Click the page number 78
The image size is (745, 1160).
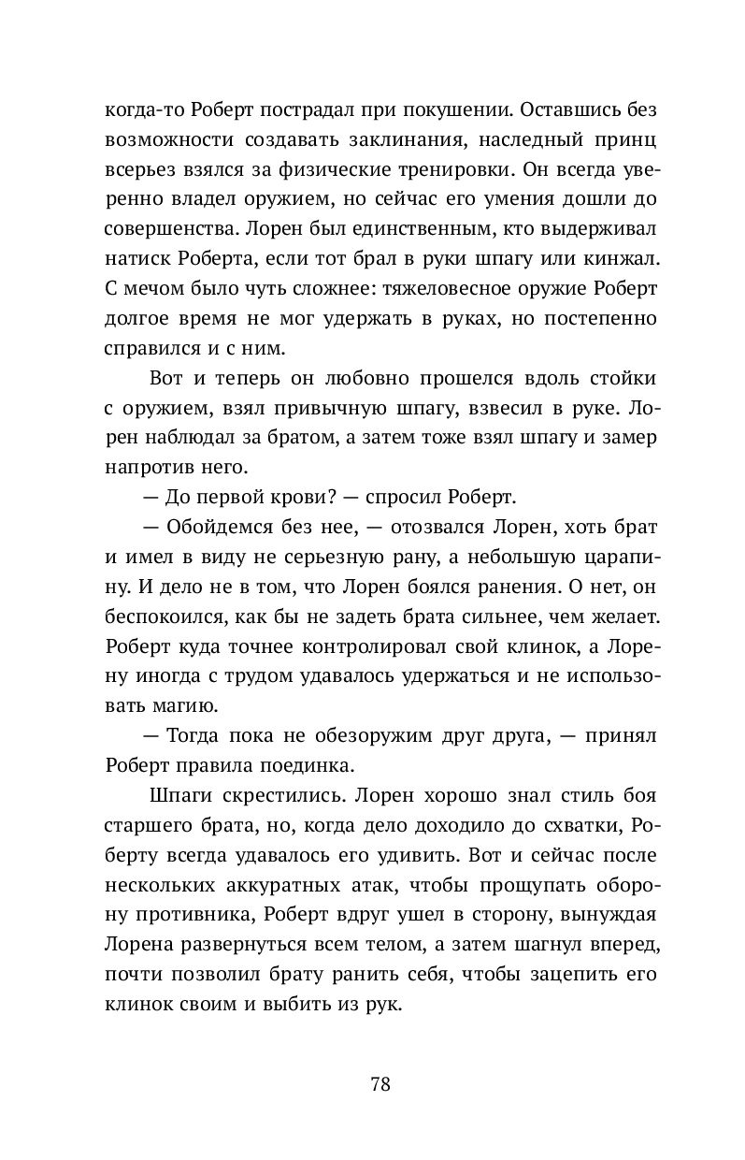point(380,1085)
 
